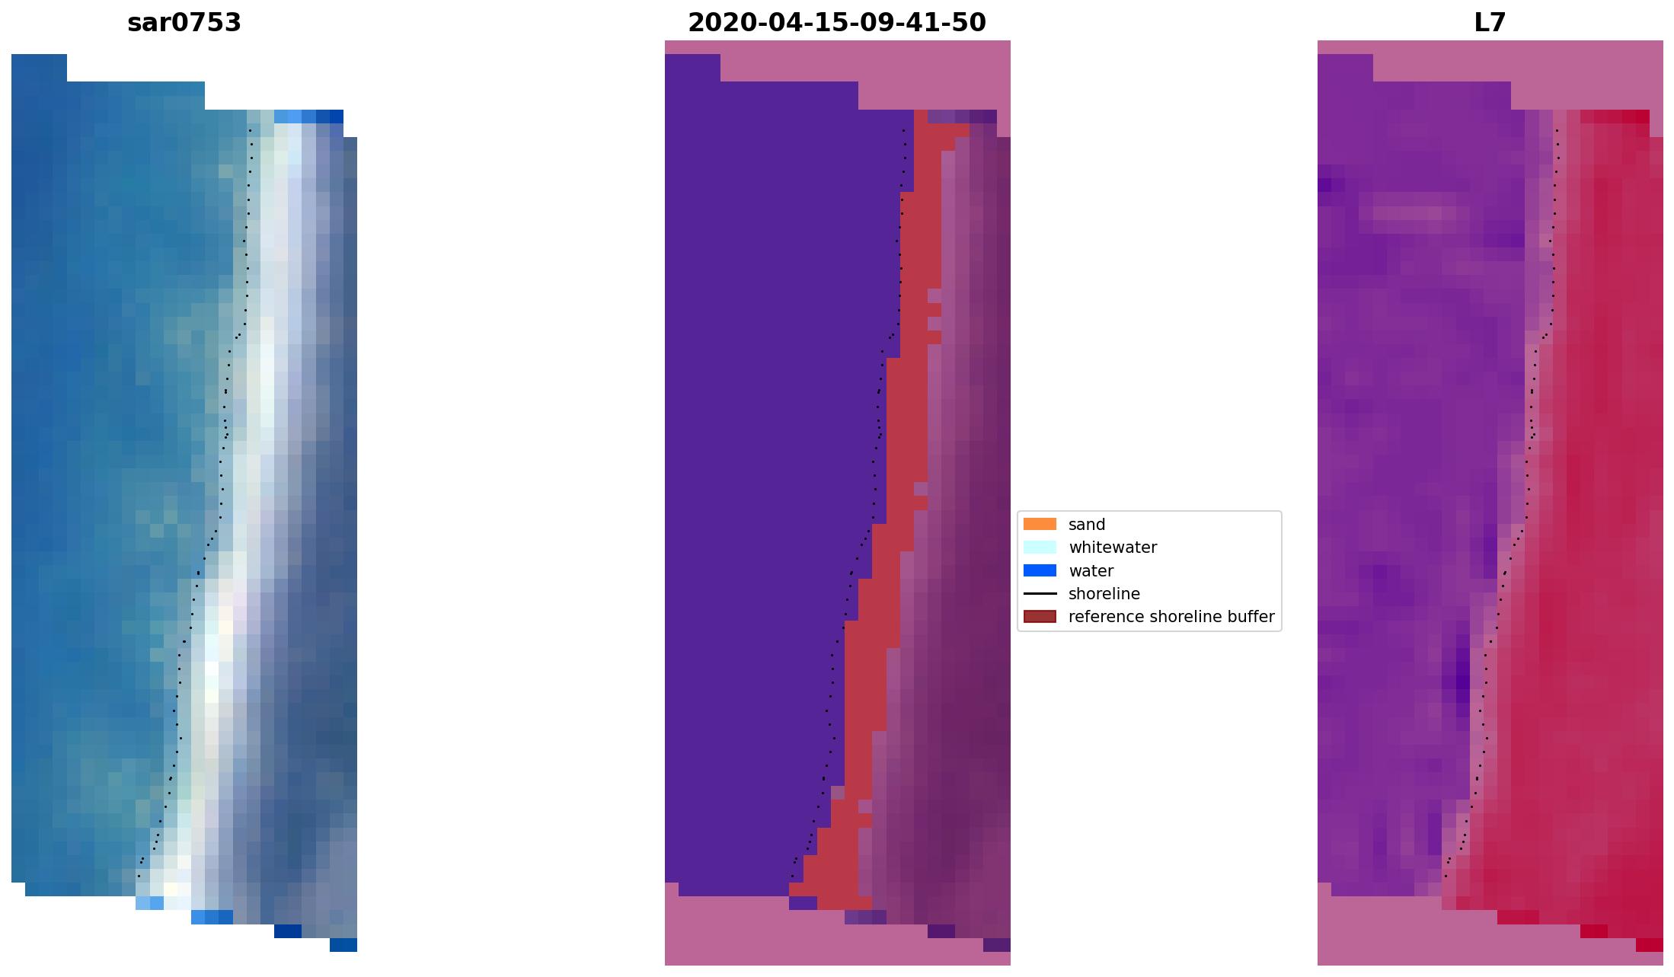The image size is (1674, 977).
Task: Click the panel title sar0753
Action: (184, 23)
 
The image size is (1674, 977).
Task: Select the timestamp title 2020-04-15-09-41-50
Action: (836, 23)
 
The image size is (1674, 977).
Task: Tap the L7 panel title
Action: (1490, 23)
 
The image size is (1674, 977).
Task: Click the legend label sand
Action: (1086, 525)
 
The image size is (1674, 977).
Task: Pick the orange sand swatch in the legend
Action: (1040, 524)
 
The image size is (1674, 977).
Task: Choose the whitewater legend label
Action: (1112, 548)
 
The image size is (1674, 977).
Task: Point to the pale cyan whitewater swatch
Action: (1040, 548)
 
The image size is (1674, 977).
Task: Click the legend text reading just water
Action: (1091, 571)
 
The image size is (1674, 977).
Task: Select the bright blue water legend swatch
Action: (1040, 570)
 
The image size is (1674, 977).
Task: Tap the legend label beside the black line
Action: (1104, 594)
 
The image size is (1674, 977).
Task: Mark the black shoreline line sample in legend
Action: (1040, 594)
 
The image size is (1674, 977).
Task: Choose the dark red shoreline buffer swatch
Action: (1040, 617)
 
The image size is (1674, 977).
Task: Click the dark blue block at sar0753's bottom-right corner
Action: (343, 945)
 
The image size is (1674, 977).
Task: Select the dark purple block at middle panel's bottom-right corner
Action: (996, 945)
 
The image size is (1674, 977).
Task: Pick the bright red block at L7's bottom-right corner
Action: (1649, 945)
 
